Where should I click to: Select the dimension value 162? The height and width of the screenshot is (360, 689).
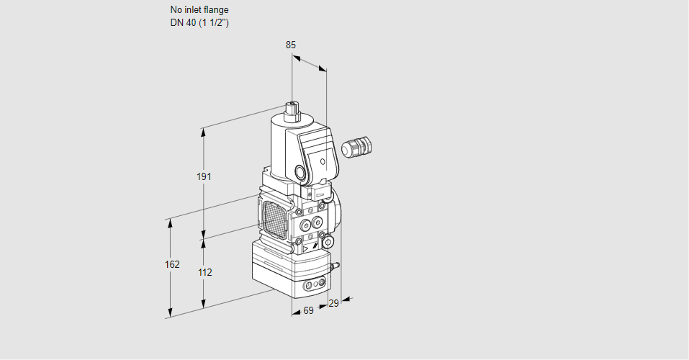tap(172, 264)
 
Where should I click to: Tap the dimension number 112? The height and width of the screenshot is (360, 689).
tap(204, 272)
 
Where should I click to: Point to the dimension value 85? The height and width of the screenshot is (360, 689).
tap(291, 45)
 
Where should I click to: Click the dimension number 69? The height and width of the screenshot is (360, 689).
tap(308, 310)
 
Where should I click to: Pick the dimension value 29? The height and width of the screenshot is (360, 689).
tap(333, 304)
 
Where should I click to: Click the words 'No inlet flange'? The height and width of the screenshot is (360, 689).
tap(199, 10)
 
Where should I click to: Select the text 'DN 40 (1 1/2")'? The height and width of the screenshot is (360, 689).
tap(199, 23)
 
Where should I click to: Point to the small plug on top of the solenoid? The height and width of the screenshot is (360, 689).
tap(293, 110)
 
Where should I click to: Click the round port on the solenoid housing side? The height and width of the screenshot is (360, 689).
tap(299, 173)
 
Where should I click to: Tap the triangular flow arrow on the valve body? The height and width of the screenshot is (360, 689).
tap(306, 248)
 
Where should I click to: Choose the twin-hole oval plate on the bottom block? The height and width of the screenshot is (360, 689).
tap(312, 286)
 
